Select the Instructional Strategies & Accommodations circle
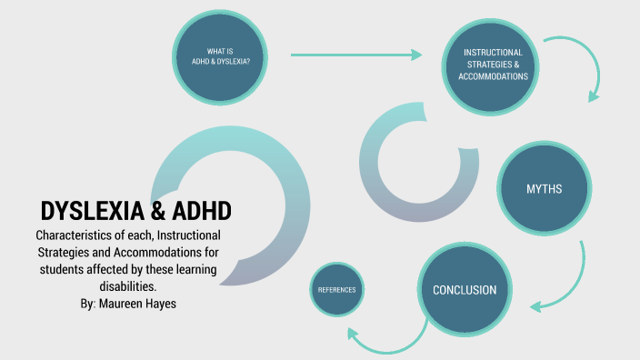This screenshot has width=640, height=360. [494, 65]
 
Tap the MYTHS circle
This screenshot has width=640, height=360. [544, 189]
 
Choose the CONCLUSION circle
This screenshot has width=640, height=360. [464, 291]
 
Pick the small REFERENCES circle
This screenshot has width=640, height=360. [336, 291]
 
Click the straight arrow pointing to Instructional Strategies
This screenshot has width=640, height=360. [356, 55]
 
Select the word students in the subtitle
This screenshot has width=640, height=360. [64, 269]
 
